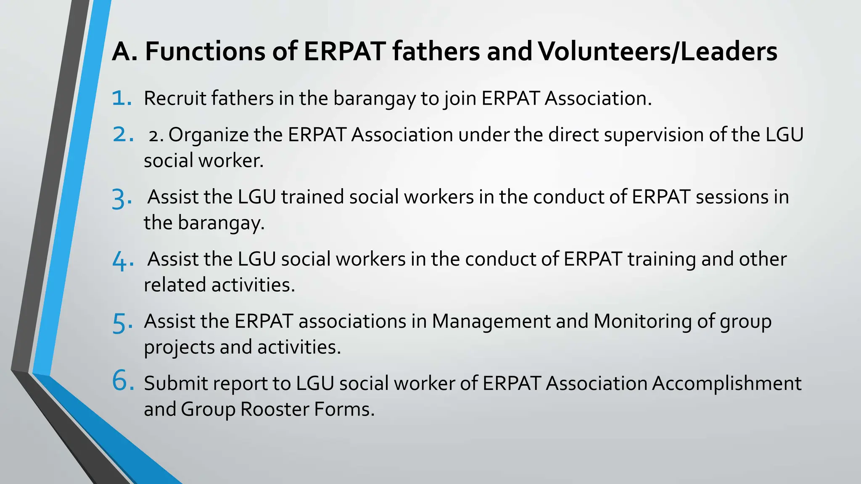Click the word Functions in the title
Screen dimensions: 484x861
coord(205,52)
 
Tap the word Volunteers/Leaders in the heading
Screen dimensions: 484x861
coord(657,52)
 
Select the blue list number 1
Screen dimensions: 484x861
coord(121,98)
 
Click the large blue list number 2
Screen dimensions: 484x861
coord(122,135)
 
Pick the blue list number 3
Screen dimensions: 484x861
coord(121,198)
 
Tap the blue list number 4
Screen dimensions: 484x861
coord(122,260)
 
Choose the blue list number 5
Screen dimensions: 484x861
coord(122,323)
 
